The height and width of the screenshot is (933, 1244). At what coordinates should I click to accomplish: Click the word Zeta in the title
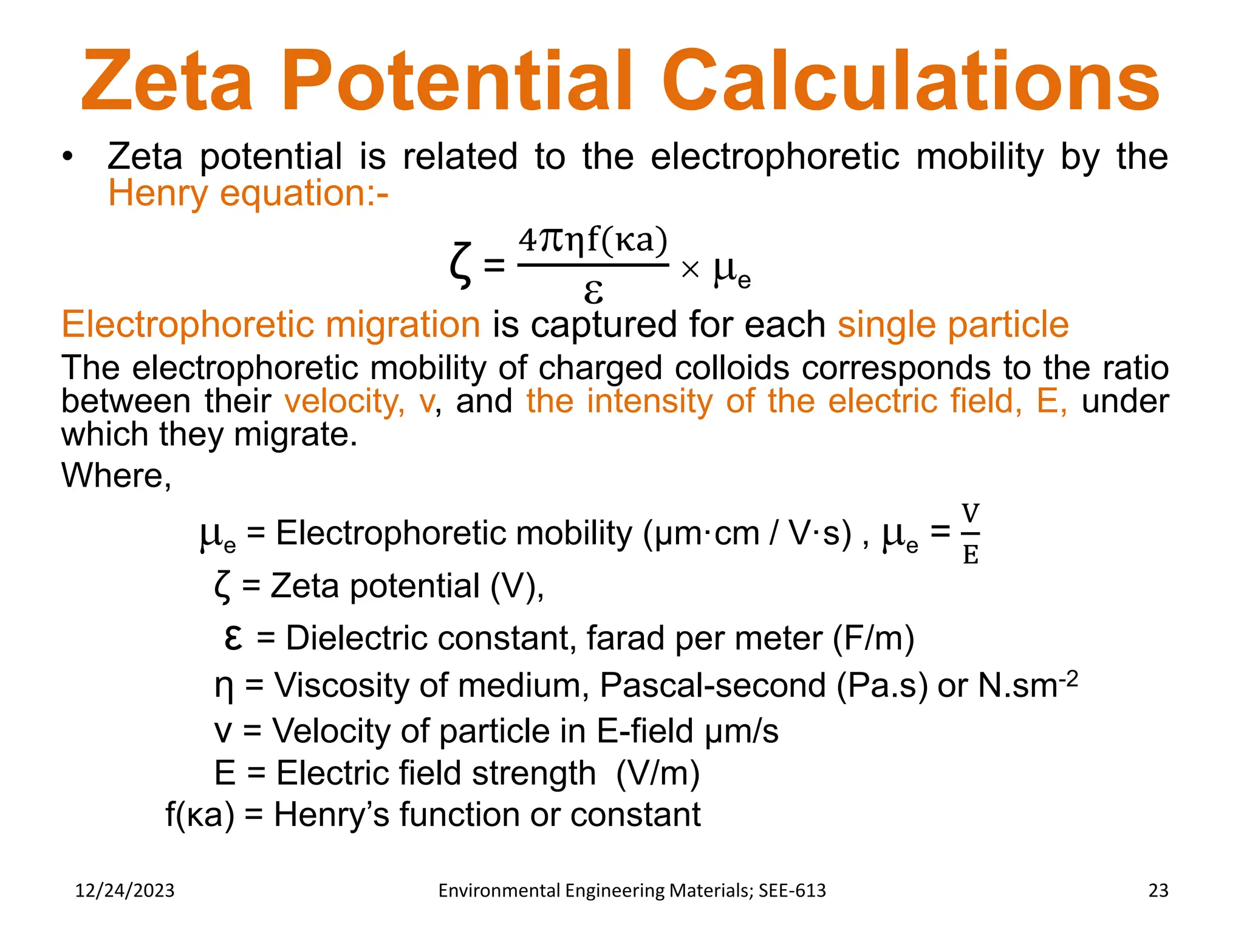167,82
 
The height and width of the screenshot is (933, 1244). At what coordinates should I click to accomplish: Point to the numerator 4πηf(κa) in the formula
593,241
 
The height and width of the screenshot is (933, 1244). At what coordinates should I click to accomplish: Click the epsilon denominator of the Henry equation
593,291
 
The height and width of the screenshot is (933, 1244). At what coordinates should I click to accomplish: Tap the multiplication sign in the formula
690,269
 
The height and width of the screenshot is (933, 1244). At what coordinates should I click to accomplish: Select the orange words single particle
952,324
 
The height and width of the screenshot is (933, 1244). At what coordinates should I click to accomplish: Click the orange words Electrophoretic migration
271,324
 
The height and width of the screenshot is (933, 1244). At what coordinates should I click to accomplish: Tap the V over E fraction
970,534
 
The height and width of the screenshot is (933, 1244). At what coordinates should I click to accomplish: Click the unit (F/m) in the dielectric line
873,638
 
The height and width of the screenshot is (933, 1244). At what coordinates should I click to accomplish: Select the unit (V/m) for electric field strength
657,773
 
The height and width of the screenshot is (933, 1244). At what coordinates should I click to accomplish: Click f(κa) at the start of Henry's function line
200,815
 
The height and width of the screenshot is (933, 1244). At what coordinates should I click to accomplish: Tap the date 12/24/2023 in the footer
125,890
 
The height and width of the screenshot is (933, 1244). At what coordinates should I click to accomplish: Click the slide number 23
1158,890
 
